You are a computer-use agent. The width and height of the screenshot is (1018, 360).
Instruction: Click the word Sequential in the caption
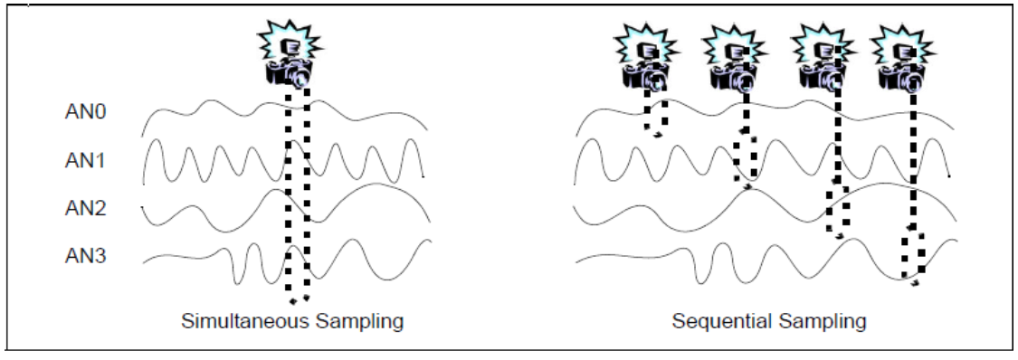pos(717,321)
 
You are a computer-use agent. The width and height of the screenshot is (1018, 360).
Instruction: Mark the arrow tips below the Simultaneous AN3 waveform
pos(299,299)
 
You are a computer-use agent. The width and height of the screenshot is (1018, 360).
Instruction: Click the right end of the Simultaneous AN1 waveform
pos(423,175)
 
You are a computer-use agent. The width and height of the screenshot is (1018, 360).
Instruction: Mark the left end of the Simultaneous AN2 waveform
pos(143,208)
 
